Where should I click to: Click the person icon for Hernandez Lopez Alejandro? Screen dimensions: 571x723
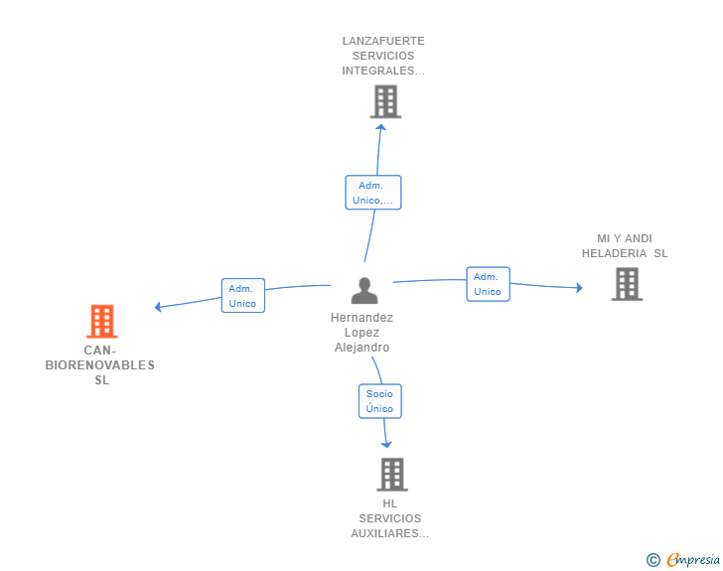pyautogui.click(x=364, y=290)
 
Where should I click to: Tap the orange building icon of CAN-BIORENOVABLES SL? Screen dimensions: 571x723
pyautogui.click(x=101, y=322)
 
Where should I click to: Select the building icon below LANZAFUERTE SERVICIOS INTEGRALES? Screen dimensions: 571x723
pyautogui.click(x=384, y=101)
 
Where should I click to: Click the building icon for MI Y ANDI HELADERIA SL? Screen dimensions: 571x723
pyautogui.click(x=626, y=284)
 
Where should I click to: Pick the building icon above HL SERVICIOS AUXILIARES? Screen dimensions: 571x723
pyautogui.click(x=392, y=474)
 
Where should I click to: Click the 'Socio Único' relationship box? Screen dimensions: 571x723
pyautogui.click(x=379, y=401)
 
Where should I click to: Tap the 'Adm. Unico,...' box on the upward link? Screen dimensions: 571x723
pyautogui.click(x=372, y=193)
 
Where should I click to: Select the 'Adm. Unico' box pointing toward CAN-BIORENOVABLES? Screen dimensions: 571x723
pyautogui.click(x=242, y=296)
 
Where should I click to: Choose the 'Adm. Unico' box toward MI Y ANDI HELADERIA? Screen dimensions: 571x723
pyautogui.click(x=488, y=284)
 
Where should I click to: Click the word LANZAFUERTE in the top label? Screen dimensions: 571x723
pyautogui.click(x=383, y=41)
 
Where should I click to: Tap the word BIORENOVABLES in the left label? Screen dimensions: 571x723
pyautogui.click(x=100, y=364)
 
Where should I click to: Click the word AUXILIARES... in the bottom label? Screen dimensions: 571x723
pyautogui.click(x=390, y=533)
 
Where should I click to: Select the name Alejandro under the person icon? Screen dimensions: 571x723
pyautogui.click(x=361, y=348)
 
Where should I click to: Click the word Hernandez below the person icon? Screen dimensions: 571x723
pyautogui.click(x=361, y=318)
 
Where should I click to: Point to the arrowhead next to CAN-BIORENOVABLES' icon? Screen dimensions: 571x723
pyautogui.click(x=159, y=307)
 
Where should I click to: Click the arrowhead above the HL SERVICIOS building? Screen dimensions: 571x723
pyautogui.click(x=386, y=444)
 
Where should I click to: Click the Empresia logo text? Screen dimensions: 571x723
pyautogui.click(x=693, y=560)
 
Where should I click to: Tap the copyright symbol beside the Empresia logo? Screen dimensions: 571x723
pyautogui.click(x=652, y=560)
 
